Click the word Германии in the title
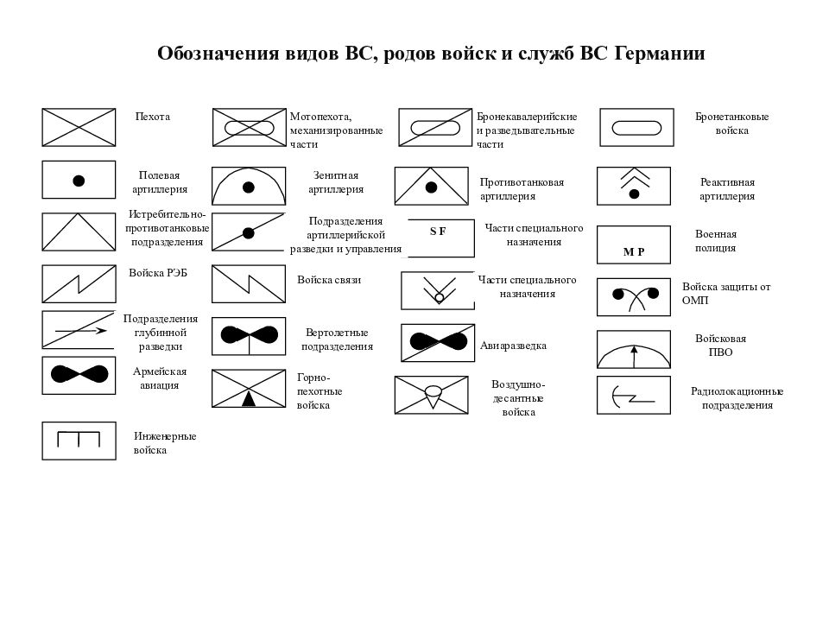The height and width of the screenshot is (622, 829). [x=659, y=54]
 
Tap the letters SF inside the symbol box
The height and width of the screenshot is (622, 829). [x=438, y=232]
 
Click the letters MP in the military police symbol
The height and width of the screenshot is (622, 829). [x=634, y=251]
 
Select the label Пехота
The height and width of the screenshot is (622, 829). [x=153, y=117]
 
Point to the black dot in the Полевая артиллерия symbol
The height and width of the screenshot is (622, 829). [x=79, y=181]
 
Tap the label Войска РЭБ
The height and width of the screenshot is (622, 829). [x=158, y=273]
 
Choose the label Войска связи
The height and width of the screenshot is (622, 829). [x=329, y=280]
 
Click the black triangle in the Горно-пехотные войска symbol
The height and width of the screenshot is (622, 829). [x=249, y=398]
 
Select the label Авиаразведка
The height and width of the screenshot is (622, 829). [x=513, y=346]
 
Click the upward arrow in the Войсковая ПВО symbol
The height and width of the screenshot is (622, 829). [x=635, y=357]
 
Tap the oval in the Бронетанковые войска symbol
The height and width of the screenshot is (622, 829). [x=636, y=128]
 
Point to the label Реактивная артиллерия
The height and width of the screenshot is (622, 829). [x=727, y=189]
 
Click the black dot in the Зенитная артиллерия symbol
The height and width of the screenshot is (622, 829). [x=249, y=187]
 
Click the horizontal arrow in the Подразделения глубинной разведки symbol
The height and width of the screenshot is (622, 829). [x=81, y=331]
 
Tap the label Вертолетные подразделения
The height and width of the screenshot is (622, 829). [x=337, y=340]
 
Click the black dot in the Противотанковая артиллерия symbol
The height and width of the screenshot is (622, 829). [x=432, y=187]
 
